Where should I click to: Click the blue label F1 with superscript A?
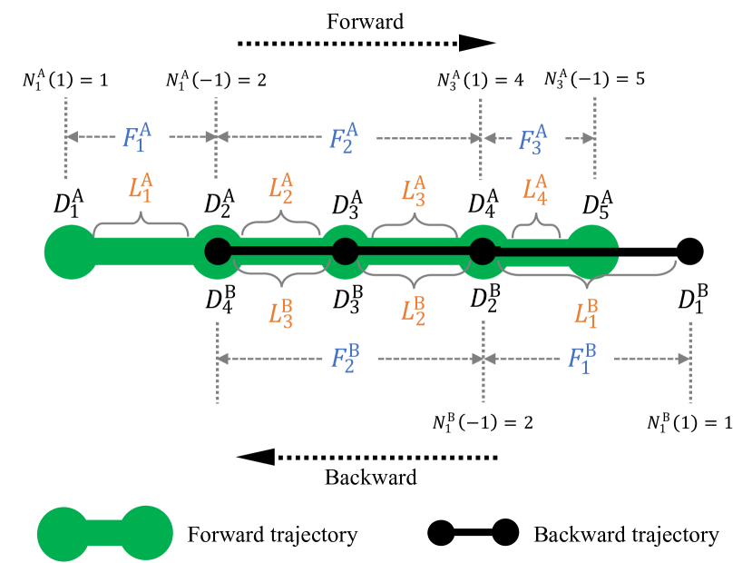[x=137, y=137]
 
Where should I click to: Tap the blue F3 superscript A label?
[x=532, y=139]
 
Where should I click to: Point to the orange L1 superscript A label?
[x=141, y=187]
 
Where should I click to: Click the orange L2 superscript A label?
[x=280, y=188]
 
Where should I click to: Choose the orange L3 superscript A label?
[x=414, y=191]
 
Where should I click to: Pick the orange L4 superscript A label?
[x=535, y=189]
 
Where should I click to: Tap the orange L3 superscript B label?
[x=280, y=313]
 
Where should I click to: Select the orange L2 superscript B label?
[x=414, y=310]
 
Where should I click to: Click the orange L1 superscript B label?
[x=586, y=312]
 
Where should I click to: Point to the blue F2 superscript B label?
[x=345, y=358]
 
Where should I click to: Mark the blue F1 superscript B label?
[x=582, y=358]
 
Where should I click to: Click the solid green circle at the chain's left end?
[x=71, y=252]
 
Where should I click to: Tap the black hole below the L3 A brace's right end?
[x=482, y=252]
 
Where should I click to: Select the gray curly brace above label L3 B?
[x=280, y=268]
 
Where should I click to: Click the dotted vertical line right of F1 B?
[x=690, y=361]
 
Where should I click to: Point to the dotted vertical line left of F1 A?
[x=66, y=138]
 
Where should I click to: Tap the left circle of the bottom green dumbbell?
[x=63, y=534]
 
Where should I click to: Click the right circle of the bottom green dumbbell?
[x=146, y=532]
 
